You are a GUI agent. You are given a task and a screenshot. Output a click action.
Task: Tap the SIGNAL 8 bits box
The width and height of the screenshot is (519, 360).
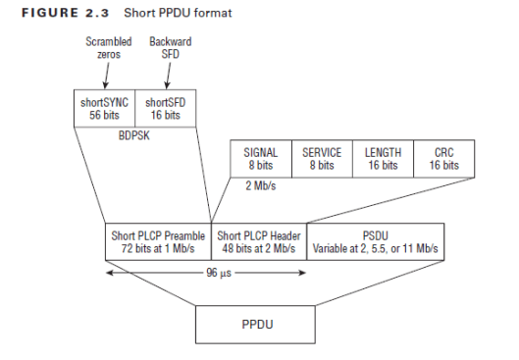[260, 159]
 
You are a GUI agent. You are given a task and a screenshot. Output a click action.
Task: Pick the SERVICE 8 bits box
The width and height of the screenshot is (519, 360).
[321, 159]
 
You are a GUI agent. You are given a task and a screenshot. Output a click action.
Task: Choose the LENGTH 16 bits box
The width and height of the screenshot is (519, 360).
[383, 159]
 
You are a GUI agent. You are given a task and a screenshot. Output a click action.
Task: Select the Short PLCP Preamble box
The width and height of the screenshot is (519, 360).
[158, 242]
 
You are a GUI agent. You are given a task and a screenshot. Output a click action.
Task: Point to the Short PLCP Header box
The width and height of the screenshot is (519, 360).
[259, 242]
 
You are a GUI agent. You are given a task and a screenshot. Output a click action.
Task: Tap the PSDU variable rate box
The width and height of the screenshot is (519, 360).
[376, 242]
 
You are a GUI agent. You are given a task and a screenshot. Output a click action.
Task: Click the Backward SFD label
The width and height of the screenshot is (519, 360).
[169, 49]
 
